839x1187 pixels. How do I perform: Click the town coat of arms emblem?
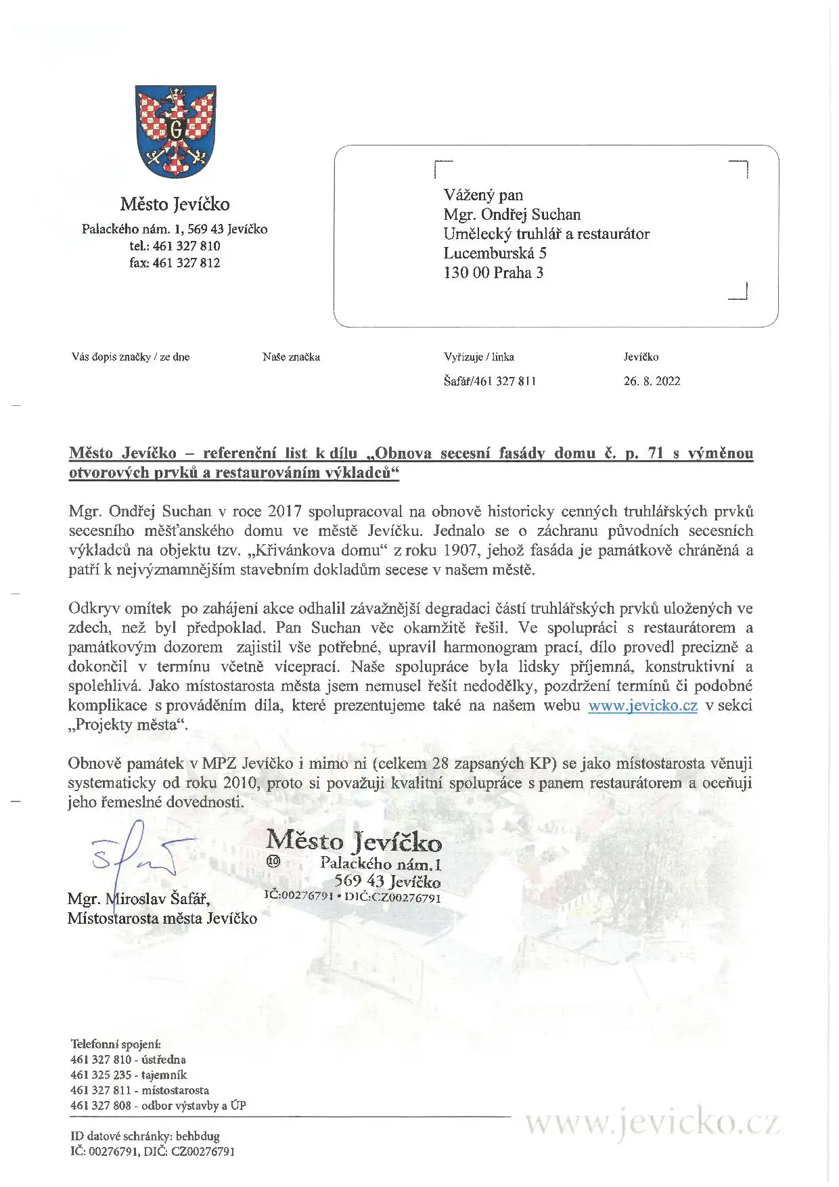coord(175,131)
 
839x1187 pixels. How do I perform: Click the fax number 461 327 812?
coord(175,263)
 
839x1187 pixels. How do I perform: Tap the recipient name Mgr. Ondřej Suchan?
coord(512,215)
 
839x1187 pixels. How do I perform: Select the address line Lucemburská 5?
coord(495,253)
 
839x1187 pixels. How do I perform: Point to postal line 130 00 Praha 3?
coord(493,273)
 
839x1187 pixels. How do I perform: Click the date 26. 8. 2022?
coord(652,381)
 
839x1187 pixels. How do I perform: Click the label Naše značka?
coord(291,357)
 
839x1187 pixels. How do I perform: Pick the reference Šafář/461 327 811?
coord(490,381)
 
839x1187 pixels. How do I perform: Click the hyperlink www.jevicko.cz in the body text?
coord(642,705)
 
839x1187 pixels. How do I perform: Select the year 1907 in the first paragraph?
coord(460,550)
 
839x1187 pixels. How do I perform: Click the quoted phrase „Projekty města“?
coord(127,725)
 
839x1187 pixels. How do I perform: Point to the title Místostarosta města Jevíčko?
coord(162,918)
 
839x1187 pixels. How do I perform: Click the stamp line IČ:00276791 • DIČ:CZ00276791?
coord(353,897)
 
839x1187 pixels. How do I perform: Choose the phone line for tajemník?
coord(129,1075)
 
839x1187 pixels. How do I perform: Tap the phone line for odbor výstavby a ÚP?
coord(158,1106)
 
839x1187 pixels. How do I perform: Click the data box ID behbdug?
coord(145,1136)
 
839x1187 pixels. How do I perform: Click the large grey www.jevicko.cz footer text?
coord(652,1123)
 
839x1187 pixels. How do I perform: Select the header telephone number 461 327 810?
coord(175,246)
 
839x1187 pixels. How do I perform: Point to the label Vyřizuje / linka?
coord(479,357)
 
